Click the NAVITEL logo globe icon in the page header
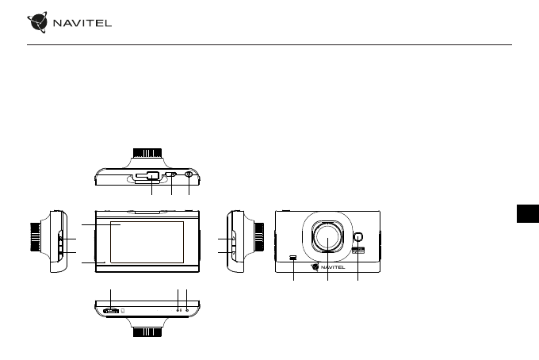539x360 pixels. (37, 22)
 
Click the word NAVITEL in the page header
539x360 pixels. (82, 23)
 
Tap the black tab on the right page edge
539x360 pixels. (528, 213)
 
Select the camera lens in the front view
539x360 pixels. (327, 236)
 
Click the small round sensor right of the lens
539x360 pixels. (357, 237)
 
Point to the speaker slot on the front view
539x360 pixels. (293, 257)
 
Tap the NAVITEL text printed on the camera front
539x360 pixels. (333, 267)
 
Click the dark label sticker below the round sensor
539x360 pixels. (358, 251)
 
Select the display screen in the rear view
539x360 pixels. (147, 242)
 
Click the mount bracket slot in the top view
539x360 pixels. (147, 176)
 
